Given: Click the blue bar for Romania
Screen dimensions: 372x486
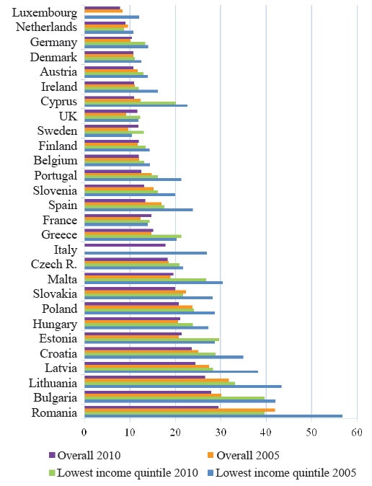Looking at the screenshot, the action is coord(213,416).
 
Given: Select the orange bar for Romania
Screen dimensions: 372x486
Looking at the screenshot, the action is coord(180,410).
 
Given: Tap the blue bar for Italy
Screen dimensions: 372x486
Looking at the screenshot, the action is coord(146,253).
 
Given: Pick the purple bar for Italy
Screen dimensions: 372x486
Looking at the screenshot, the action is coord(125,245).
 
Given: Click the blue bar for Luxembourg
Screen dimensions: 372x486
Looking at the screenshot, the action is coord(112,17).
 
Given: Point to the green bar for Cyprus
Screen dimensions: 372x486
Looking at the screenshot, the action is coord(130,103).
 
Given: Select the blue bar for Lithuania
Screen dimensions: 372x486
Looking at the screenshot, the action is coord(183,386).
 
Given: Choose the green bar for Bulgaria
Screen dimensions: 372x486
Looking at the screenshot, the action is coord(174,398).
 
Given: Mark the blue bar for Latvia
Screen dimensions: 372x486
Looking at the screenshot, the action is coord(171,371).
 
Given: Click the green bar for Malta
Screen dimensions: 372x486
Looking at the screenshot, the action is coord(146,280).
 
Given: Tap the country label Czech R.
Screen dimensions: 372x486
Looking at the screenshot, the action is coord(54,264).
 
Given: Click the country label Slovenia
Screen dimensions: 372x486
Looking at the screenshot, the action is coord(55,190).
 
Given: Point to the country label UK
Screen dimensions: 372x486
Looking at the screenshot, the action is coord(68,116).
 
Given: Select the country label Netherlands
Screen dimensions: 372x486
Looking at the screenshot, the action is coord(46,27).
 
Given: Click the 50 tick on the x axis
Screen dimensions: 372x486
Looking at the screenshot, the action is coord(311,433).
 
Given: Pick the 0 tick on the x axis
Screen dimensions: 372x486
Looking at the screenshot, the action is coord(84,433).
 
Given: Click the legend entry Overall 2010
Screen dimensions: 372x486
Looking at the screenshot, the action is coord(84,455).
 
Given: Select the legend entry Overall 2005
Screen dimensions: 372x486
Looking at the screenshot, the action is coord(244,455).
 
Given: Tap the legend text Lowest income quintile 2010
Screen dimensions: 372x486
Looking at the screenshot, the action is coord(128,473).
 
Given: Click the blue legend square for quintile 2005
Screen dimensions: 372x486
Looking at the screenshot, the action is coord(211,473).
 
